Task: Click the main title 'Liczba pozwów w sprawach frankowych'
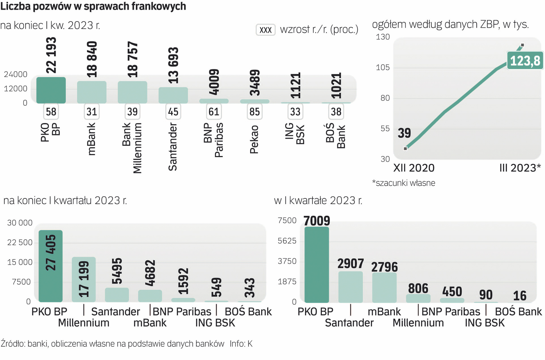(93, 6)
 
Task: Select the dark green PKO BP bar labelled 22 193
(51, 90)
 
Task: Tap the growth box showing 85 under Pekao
(254, 112)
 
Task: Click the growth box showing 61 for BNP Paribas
(214, 112)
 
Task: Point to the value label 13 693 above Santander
(173, 66)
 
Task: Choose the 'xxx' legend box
(265, 30)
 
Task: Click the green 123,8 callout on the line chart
(525, 61)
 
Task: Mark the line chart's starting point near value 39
(406, 148)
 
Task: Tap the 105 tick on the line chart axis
(383, 67)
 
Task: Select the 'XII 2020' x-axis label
(414, 168)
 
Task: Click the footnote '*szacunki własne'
(404, 183)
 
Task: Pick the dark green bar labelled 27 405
(51, 266)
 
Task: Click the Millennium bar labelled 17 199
(84, 279)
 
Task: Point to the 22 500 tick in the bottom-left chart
(20, 242)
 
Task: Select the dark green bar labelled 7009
(317, 265)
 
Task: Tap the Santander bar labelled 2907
(351, 287)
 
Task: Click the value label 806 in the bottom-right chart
(418, 289)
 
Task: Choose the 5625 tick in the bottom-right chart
(287, 241)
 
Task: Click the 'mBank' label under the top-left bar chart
(91, 139)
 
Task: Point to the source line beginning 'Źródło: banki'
(112, 344)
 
